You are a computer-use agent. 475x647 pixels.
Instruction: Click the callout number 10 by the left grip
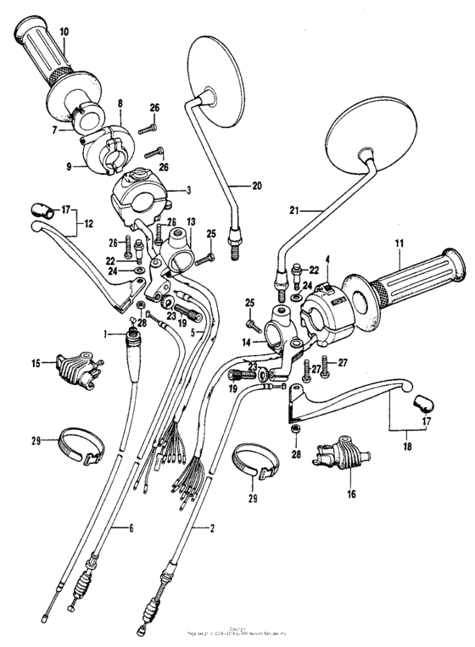point(64,31)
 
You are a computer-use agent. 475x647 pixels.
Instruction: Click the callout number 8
point(120,103)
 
